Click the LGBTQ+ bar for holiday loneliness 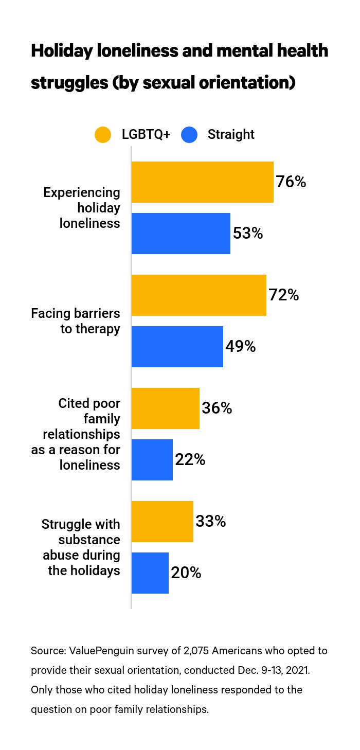pos(202,182)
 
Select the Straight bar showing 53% pos(181,234)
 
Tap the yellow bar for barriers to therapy pos(199,295)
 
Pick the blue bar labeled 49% pos(177,347)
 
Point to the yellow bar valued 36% pos(165,408)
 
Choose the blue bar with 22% pos(152,460)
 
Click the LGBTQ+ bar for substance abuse pos(162,522)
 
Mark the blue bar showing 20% pos(150,573)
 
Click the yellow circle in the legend pos(103,135)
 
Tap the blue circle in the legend pos(189,135)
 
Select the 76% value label pos(291,182)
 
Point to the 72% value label pos(284,295)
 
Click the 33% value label pos(211,522)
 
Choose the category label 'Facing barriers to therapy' pos(76,321)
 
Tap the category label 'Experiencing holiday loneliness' pos(82,208)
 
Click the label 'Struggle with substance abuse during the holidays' pos(81,547)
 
